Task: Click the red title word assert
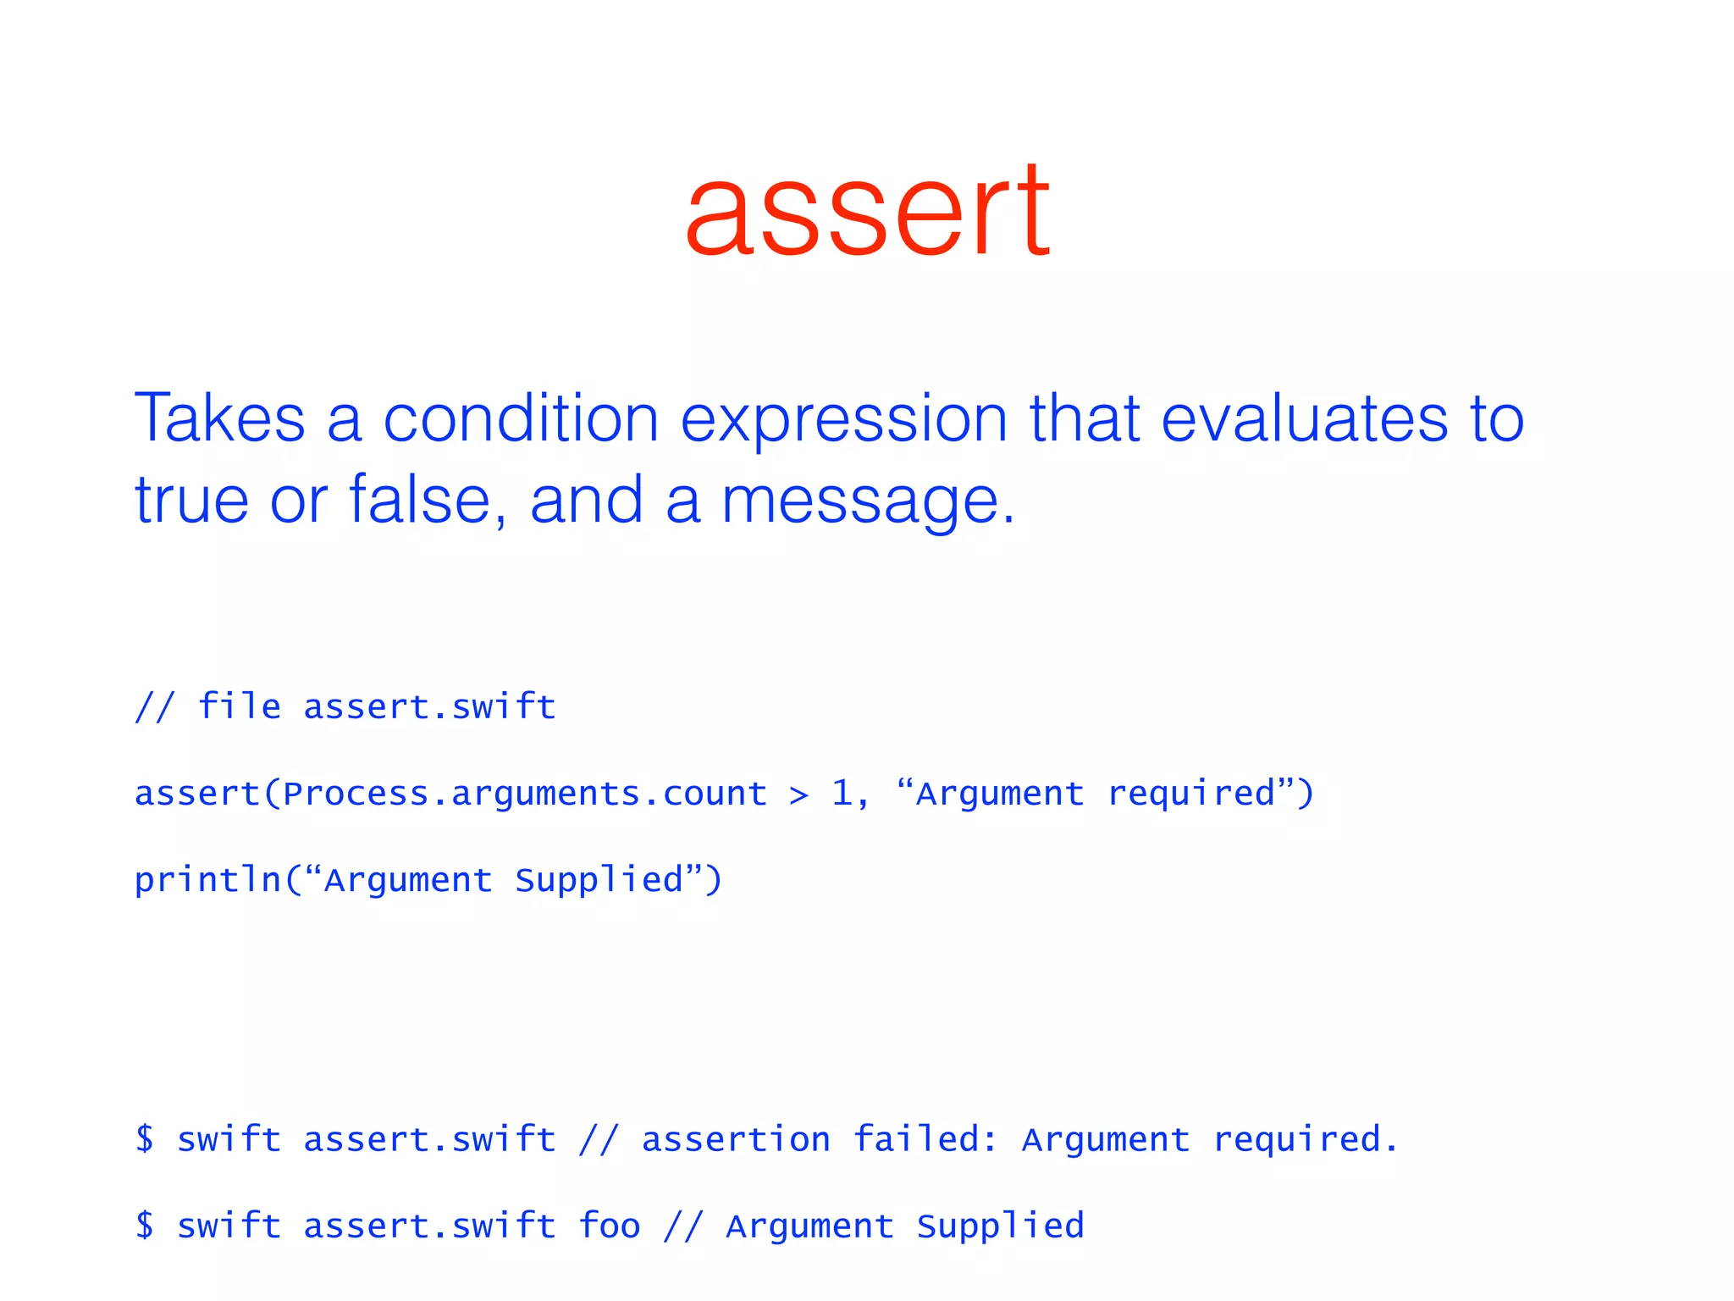[867, 212]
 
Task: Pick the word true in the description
[191, 500]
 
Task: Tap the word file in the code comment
[239, 706]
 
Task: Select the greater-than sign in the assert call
[798, 794]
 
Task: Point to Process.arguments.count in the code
[525, 794]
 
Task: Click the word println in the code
[207, 880]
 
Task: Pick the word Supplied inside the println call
[599, 880]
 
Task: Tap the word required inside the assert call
[1190, 794]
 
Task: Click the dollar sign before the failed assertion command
[145, 1138]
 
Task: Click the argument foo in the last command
[609, 1226]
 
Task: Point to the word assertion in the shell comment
[736, 1139]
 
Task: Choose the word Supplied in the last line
[1000, 1226]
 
